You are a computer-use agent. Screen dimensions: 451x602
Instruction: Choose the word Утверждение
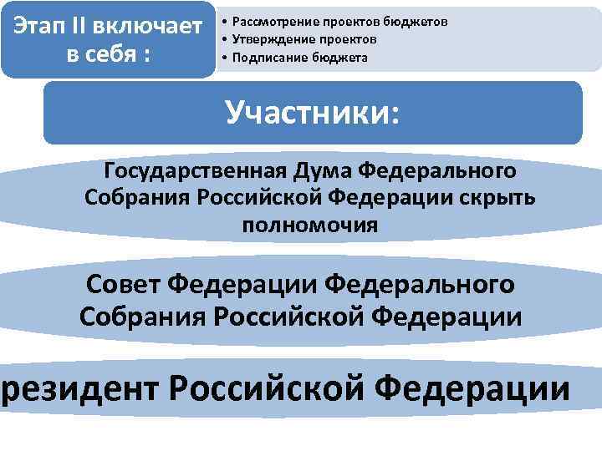pyautogui.click(x=268, y=38)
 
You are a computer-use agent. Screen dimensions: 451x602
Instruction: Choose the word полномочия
pyautogui.click(x=309, y=225)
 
